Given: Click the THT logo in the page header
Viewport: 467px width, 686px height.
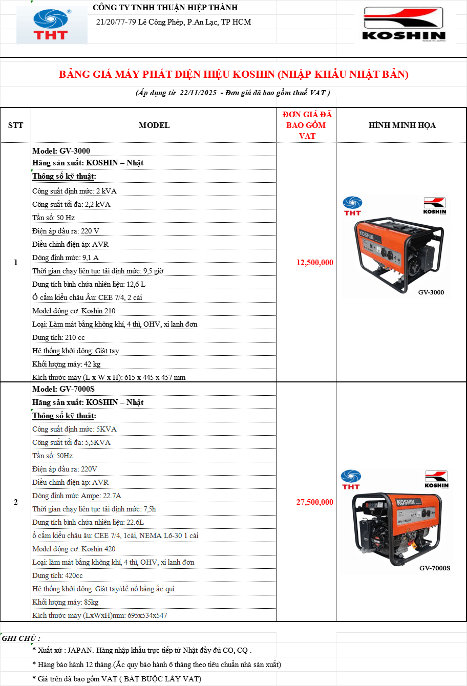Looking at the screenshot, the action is tap(52, 25).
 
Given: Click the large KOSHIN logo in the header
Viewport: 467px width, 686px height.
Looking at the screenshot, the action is tap(404, 25).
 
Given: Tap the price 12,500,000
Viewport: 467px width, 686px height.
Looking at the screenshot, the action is tap(314, 263).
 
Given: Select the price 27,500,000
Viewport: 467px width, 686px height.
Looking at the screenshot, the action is tap(314, 502).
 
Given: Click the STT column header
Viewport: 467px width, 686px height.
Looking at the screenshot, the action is tap(15, 125).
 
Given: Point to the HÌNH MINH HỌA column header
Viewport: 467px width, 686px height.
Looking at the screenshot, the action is tap(402, 125).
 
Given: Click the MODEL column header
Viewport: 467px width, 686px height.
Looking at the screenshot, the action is tap(154, 125).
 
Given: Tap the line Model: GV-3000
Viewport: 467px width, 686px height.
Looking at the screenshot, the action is tap(61, 151).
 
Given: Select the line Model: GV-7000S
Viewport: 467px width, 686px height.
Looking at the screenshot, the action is tap(63, 389).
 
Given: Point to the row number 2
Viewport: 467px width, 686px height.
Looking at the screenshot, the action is tap(15, 502).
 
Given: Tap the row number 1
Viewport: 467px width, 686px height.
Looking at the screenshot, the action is tap(15, 263).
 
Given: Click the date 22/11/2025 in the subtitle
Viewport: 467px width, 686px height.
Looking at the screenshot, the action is tap(198, 93).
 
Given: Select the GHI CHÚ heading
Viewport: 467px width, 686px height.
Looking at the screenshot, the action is tap(21, 638).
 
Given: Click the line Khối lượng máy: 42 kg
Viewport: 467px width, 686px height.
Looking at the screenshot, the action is tap(67, 364).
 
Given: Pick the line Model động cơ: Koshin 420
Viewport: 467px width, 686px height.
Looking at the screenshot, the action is tap(74, 549).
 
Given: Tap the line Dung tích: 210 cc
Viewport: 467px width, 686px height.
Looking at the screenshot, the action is tap(58, 337).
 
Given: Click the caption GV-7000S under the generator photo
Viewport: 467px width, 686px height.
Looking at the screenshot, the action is tap(435, 568).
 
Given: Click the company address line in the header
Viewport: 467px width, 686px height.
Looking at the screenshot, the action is tap(173, 22).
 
